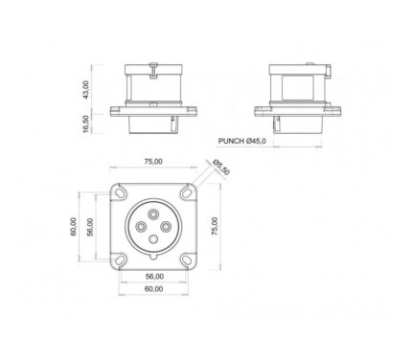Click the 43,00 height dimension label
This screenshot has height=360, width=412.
[x=85, y=90]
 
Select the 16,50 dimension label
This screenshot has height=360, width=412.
[x=85, y=124]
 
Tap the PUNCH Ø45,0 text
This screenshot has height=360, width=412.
[x=241, y=141]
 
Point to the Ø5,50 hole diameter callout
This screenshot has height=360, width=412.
[x=221, y=167]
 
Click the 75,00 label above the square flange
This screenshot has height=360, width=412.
[x=153, y=162]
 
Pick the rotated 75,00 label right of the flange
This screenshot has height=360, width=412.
[x=215, y=226]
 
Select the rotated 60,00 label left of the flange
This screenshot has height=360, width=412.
[x=73, y=227]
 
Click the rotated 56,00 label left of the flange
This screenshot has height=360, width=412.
[x=90, y=227]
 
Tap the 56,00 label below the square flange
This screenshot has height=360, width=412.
[x=154, y=277]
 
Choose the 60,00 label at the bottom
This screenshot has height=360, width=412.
[x=154, y=289]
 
